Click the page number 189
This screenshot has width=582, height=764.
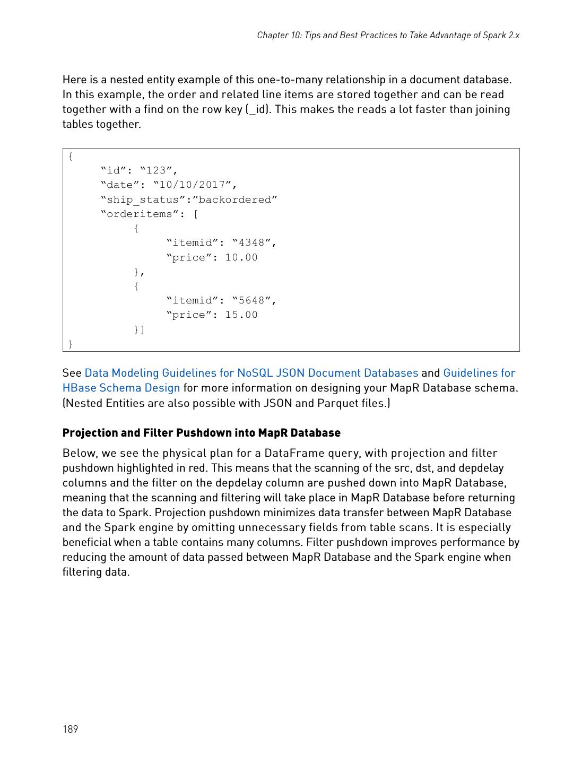70,729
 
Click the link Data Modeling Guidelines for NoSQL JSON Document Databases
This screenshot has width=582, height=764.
251,373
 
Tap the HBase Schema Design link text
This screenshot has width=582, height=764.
121,388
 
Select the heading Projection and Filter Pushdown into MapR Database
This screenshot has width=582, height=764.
201,433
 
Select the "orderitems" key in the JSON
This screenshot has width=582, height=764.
143,214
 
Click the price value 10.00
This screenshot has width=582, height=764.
241,257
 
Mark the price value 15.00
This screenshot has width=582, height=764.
241,315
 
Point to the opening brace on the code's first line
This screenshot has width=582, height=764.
71,156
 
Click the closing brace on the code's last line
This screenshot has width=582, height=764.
71,344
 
